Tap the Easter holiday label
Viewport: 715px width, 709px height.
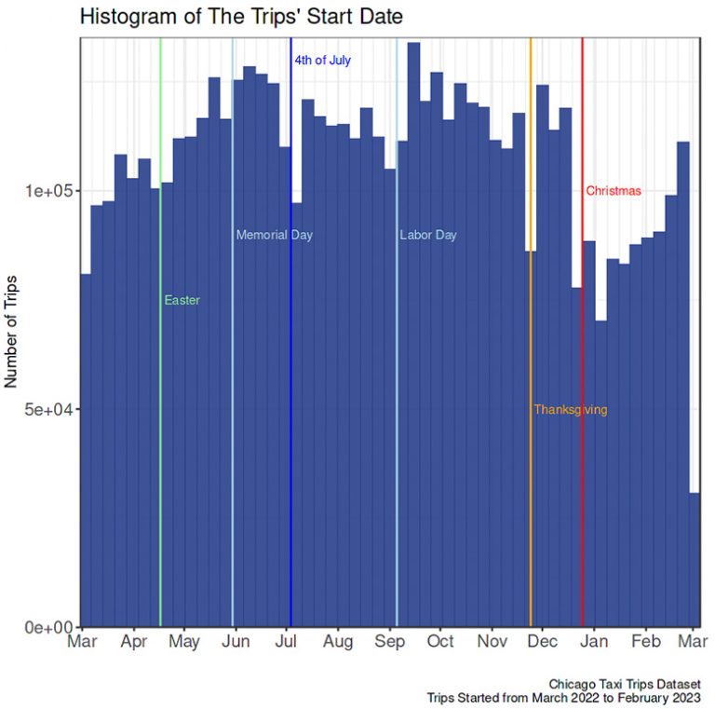coord(182,300)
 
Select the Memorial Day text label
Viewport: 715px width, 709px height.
coord(274,235)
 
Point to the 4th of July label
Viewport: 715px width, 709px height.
coord(322,61)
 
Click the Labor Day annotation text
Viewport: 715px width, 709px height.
coord(428,235)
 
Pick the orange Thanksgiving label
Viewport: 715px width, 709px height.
coord(570,410)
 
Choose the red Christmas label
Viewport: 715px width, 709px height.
coord(614,191)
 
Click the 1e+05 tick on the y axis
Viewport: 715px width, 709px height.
coord(49,191)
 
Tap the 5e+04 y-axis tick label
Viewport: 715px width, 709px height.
coord(49,410)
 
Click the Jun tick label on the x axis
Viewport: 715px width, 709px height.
coord(236,642)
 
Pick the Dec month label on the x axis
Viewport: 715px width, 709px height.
coord(543,642)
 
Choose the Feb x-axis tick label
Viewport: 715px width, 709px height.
coord(646,642)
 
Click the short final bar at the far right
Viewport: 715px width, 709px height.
coord(695,560)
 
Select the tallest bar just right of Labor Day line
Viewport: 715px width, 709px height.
coord(413,335)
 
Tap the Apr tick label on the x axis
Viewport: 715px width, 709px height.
coord(134,642)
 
